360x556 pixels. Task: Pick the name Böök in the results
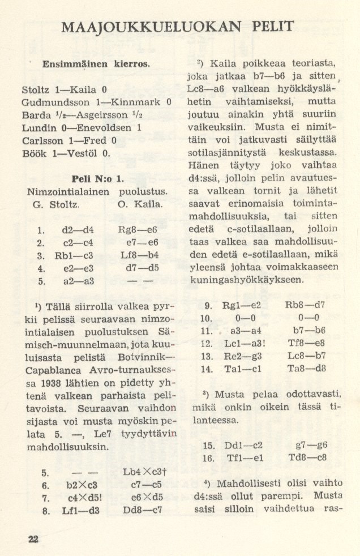(x=33, y=153)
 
